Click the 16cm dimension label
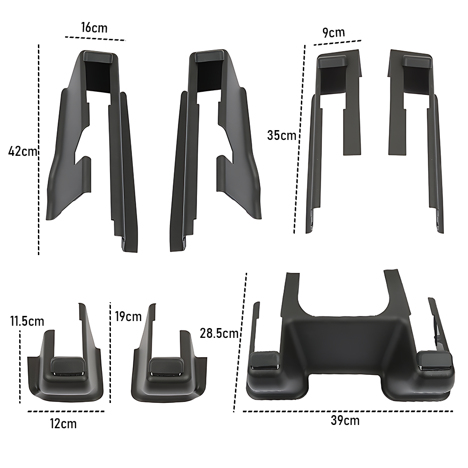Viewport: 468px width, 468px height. [94, 28]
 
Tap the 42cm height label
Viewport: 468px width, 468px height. [22, 151]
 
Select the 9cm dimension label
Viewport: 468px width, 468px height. [334, 32]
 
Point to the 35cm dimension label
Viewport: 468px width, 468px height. [281, 135]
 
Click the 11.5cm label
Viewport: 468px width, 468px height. [27, 322]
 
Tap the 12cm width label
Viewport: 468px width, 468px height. [63, 424]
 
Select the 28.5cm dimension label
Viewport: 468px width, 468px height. [219, 333]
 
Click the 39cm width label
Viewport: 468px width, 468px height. [345, 421]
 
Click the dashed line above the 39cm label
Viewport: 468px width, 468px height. [348, 411]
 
